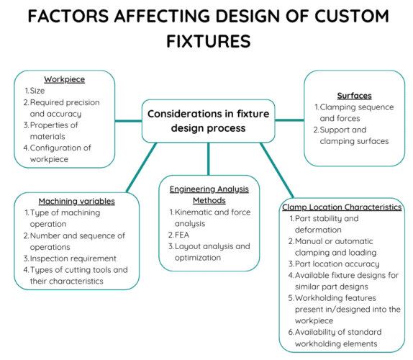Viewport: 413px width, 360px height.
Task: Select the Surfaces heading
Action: (354, 95)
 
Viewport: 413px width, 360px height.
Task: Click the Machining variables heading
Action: (76, 200)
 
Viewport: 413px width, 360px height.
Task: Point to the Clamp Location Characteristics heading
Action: (342, 207)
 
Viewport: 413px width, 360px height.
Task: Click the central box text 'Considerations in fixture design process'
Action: (207, 121)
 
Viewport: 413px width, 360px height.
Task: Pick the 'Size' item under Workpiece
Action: (37, 91)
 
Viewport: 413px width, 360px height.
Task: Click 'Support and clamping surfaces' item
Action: (353, 135)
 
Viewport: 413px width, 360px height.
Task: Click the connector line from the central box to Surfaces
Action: (290, 120)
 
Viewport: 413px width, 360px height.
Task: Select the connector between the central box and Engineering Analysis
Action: (208, 158)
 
